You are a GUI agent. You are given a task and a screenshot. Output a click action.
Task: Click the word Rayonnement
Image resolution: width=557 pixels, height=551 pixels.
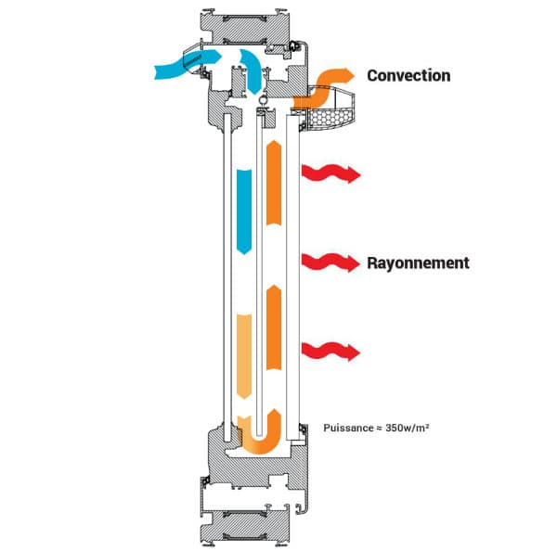coord(417,263)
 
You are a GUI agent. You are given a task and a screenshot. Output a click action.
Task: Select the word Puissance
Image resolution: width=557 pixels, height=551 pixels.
coord(347,429)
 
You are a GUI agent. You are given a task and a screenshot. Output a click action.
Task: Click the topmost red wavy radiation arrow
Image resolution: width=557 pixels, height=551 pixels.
coord(330,173)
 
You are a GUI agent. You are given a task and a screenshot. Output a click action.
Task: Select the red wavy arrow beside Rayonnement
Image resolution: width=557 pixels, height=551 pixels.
coord(330,263)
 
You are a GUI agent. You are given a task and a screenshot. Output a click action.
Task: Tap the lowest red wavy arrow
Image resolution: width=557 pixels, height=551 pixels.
coord(330,352)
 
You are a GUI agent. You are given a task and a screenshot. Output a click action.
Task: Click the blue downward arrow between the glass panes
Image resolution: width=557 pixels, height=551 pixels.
coord(243,209)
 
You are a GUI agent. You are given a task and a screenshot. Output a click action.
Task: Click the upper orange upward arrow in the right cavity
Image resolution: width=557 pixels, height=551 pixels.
coord(275,183)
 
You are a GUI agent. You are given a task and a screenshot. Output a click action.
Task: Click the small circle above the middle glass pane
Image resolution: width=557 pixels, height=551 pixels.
coord(263,102)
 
